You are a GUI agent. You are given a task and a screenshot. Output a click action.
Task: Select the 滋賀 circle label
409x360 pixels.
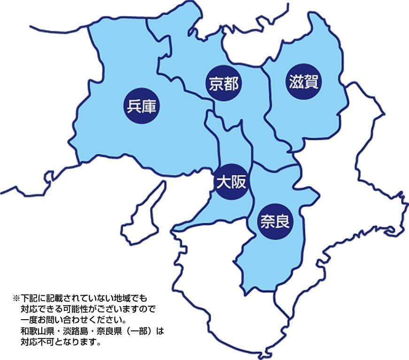click(x=303, y=82)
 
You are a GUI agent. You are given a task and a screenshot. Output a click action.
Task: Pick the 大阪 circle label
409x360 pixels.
click(x=231, y=182)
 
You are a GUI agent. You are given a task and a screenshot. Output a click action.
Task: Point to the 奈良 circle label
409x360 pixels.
click(x=275, y=220)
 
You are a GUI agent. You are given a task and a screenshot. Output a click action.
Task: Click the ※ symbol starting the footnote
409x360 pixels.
click(x=15, y=299)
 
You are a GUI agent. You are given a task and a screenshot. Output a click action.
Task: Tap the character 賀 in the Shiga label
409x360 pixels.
click(x=311, y=82)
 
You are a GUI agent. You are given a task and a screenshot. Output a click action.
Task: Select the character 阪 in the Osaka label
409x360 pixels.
click(x=239, y=182)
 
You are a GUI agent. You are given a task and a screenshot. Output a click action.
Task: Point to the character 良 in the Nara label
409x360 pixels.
click(x=283, y=220)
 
